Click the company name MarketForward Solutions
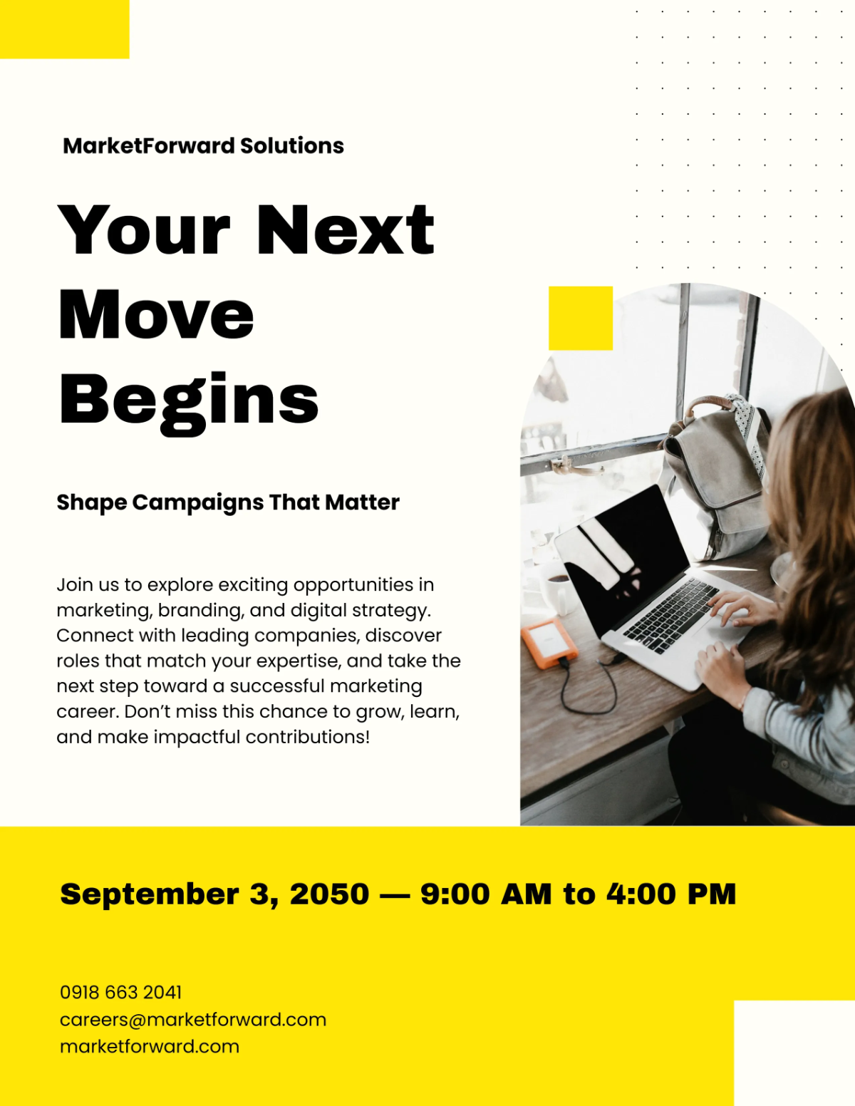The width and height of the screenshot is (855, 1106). point(203,146)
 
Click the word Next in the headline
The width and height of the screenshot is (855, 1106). point(345,229)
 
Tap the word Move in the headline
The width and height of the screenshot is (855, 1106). point(156,315)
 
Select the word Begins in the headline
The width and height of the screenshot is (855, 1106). point(189,400)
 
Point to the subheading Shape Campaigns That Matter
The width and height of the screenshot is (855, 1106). point(228,502)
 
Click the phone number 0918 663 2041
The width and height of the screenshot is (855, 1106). point(121,992)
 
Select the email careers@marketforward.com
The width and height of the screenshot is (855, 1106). point(193,1020)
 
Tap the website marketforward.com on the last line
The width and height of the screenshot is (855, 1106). point(150,1047)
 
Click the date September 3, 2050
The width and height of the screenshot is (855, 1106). point(214,894)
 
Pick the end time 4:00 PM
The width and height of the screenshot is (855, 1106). point(670,894)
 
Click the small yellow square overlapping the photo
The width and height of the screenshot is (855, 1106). point(581,318)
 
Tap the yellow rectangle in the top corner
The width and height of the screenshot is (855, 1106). point(64,29)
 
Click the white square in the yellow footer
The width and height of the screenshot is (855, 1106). point(794,1053)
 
